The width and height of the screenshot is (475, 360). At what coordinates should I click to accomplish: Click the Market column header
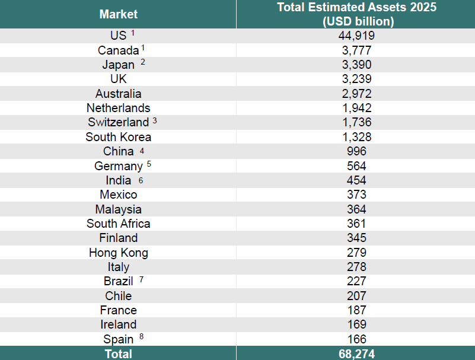(118, 14)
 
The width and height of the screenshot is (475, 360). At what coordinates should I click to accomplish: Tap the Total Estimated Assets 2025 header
(356, 14)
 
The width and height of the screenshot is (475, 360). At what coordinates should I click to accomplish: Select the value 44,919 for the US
(356, 36)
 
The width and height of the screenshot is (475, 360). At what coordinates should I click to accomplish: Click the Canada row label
(118, 50)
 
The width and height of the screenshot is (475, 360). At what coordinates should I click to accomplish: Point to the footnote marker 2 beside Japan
(143, 62)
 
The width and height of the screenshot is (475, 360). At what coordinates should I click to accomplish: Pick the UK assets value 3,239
(356, 79)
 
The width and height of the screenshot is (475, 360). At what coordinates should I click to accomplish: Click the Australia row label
(118, 94)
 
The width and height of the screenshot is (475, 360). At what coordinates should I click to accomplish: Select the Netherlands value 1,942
(356, 108)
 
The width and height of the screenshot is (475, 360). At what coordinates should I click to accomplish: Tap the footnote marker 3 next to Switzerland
(155, 120)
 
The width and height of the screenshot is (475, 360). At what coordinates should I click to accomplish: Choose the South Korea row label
(118, 137)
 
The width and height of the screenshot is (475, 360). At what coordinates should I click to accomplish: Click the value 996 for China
(356, 151)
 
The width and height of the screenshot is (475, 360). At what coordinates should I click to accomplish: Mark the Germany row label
(118, 166)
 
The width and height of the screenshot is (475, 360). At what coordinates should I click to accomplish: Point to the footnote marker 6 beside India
(141, 178)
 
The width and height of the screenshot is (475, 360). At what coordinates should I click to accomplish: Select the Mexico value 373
(356, 195)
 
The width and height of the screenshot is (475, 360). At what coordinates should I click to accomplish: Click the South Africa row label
(118, 224)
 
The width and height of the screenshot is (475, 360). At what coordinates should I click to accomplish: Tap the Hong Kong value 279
(356, 253)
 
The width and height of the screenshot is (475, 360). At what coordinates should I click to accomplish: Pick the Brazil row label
(118, 281)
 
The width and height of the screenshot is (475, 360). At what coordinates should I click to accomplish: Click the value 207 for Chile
(356, 296)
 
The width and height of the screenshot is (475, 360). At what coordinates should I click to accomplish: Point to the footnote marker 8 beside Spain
(141, 337)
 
